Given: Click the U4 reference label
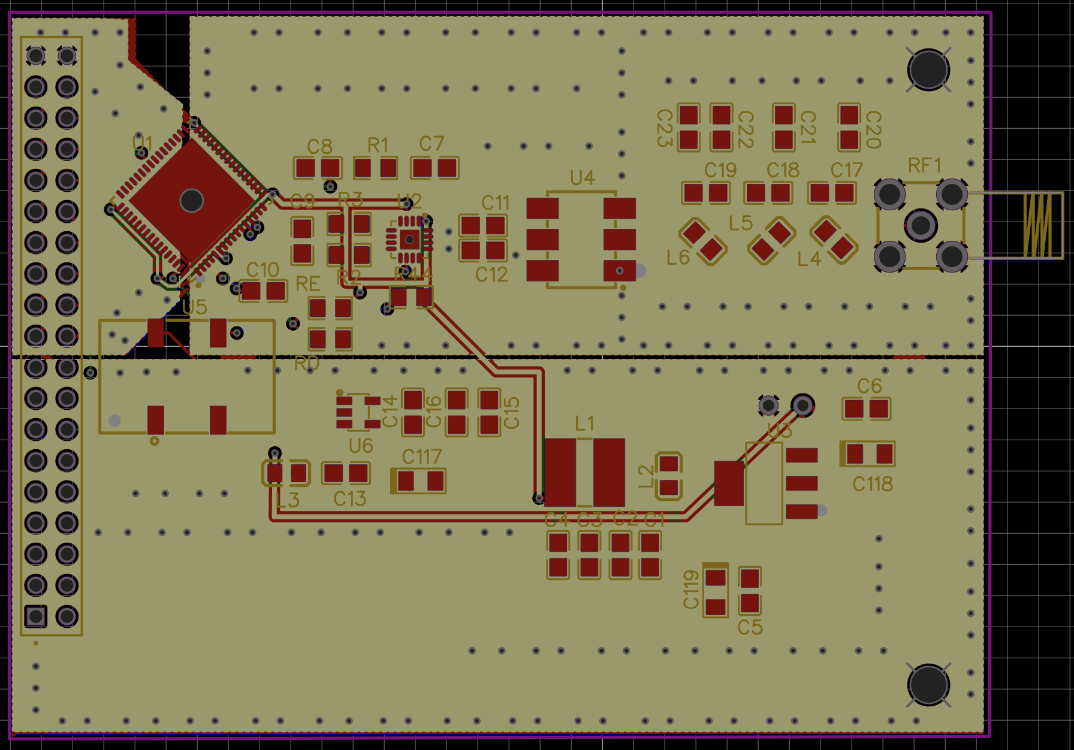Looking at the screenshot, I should click(582, 178).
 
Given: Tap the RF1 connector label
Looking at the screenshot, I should click(924, 165).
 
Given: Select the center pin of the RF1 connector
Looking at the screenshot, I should click(921, 225).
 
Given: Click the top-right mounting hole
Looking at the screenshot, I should click(928, 69).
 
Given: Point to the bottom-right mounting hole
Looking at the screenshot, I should click(928, 685).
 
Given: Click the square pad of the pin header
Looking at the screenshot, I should click(35, 616).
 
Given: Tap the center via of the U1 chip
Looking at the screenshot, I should click(192, 200).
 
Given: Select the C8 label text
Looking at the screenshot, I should click(319, 147).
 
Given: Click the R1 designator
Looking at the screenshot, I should click(378, 145).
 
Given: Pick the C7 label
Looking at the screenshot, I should click(432, 144).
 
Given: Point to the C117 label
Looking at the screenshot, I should click(421, 457).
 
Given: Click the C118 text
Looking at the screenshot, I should click(873, 484).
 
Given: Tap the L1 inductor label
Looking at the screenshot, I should click(584, 424).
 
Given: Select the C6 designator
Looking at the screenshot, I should click(869, 386).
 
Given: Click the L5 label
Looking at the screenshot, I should click(740, 223).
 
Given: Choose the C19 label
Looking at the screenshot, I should click(720, 170).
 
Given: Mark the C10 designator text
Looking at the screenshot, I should click(263, 270).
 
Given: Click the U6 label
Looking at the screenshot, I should click(361, 446).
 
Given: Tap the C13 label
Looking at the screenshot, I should click(349, 498).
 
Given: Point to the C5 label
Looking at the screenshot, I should click(750, 627).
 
